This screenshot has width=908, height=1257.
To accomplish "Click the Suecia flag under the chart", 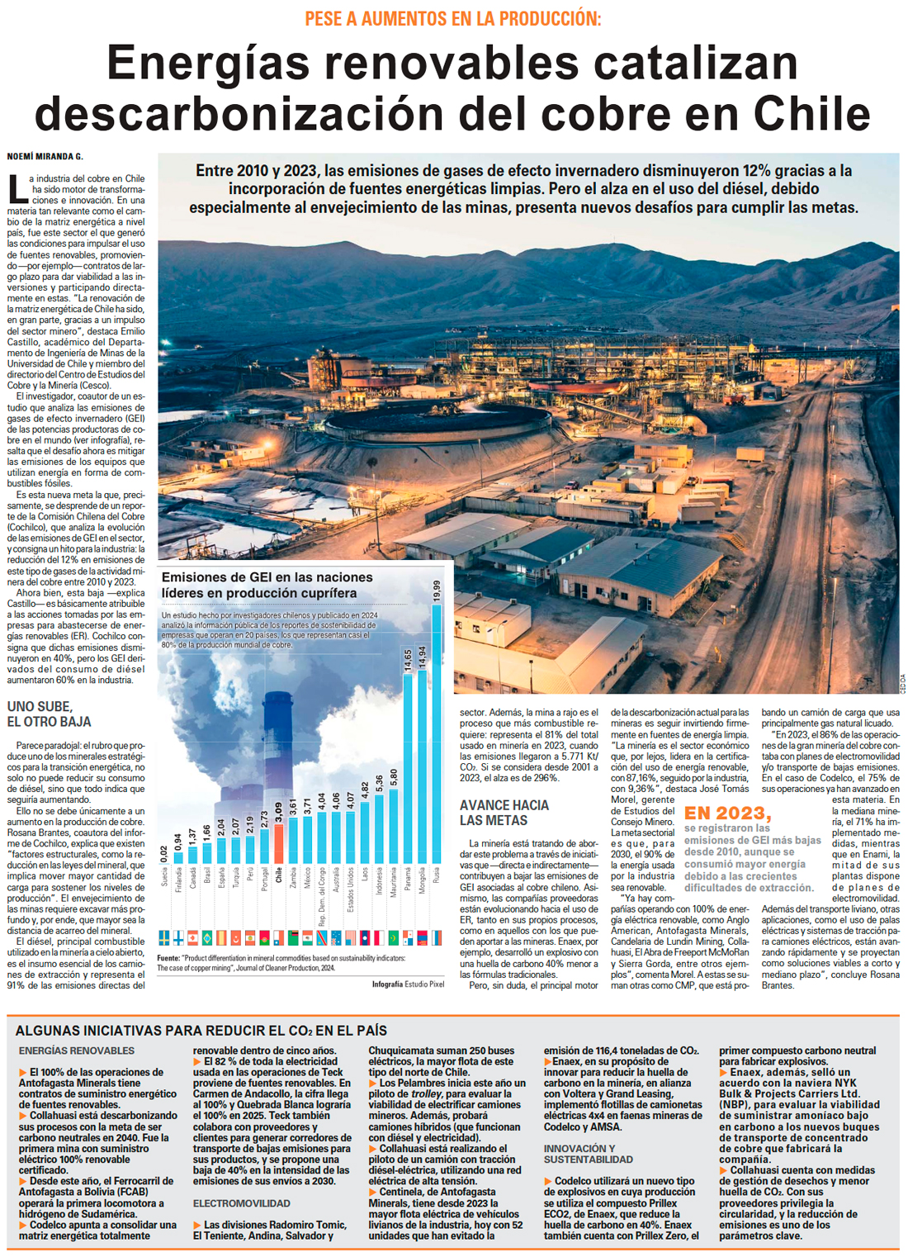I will tap(164, 937).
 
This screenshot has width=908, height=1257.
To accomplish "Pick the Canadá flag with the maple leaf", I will tap(192, 937).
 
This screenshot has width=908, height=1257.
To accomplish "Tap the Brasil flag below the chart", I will tap(207, 937).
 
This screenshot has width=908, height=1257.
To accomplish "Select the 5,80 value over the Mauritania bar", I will tap(394, 777).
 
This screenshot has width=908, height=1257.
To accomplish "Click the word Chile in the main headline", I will tap(811, 111).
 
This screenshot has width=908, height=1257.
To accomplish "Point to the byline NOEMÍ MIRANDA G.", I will tap(45, 156).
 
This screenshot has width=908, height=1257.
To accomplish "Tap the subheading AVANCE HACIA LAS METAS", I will tap(504, 813).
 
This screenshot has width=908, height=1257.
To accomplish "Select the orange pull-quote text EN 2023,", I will tap(727, 813).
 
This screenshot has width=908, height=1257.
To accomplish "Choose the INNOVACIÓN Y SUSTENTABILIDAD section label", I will tap(588, 1154).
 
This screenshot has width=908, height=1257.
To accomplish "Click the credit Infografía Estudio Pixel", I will tap(408, 984).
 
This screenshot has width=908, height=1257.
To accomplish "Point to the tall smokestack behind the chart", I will tap(279, 743).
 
